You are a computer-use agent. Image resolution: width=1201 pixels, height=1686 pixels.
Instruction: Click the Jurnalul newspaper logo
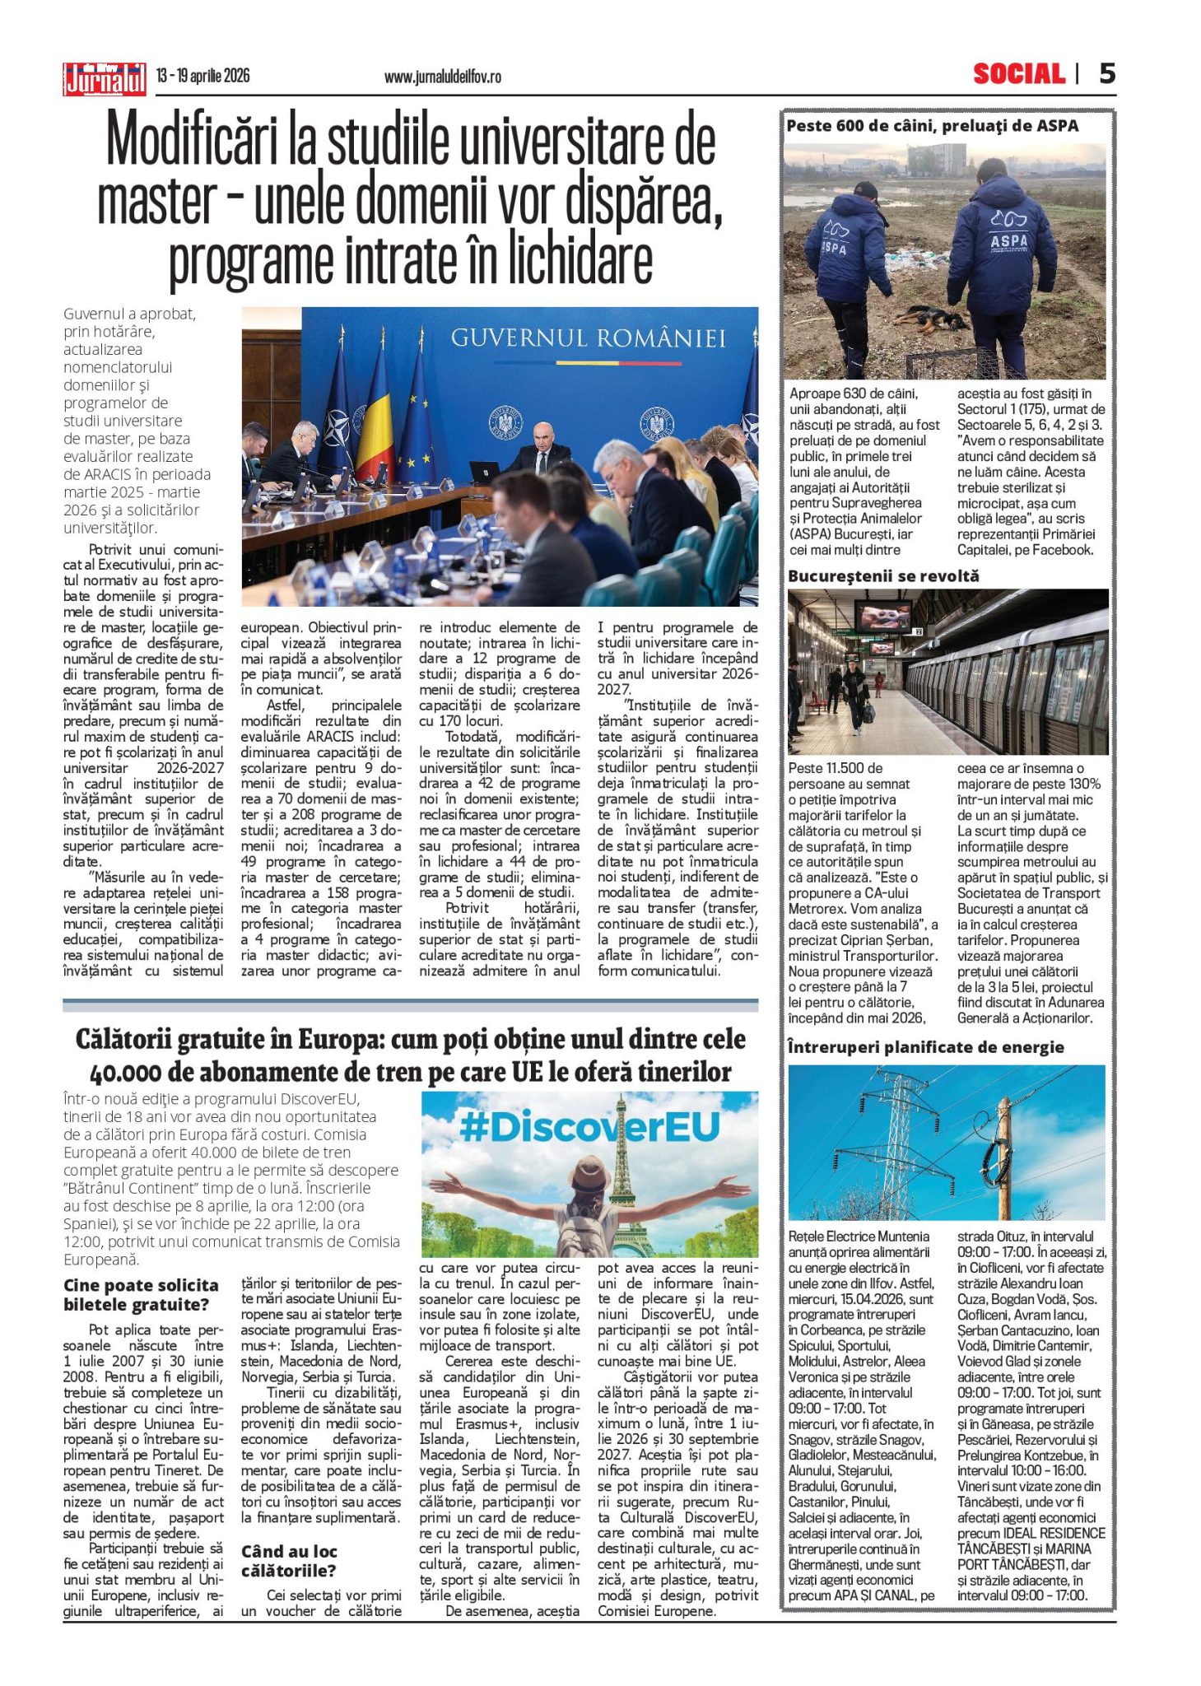point(105,79)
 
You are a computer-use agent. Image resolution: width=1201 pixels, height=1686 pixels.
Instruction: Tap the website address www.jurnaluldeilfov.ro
point(442,77)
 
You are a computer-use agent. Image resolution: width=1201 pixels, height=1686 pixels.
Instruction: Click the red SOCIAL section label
point(1018,75)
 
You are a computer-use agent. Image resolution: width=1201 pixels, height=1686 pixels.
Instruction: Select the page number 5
point(1107,74)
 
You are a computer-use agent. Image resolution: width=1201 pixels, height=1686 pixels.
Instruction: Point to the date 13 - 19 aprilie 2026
point(202,77)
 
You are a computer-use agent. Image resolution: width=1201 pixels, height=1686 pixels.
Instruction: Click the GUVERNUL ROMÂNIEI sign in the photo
point(588,338)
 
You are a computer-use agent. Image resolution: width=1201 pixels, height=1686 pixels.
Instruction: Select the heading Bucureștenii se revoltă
point(883,576)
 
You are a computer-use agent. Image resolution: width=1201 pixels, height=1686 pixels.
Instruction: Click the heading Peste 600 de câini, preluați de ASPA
point(932,126)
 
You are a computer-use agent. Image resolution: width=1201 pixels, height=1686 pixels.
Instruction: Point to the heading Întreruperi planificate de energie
point(925,1047)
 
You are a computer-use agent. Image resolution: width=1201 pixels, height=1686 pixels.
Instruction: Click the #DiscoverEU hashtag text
point(589,1127)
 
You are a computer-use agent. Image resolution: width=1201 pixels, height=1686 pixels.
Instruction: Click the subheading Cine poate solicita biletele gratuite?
point(141,1294)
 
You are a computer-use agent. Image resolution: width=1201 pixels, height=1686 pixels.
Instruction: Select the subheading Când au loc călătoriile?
point(289,1561)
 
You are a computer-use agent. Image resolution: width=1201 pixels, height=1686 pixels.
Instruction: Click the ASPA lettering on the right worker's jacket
point(1008,241)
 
